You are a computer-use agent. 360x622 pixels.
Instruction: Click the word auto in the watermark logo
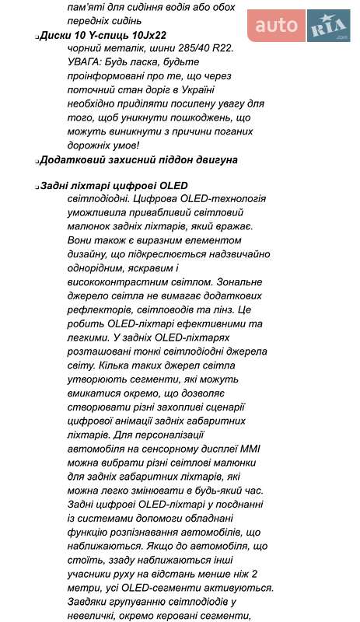click(276, 26)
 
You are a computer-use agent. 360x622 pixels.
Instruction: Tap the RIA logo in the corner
click(327, 29)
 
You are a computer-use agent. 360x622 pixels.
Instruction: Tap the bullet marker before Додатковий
click(38, 160)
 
